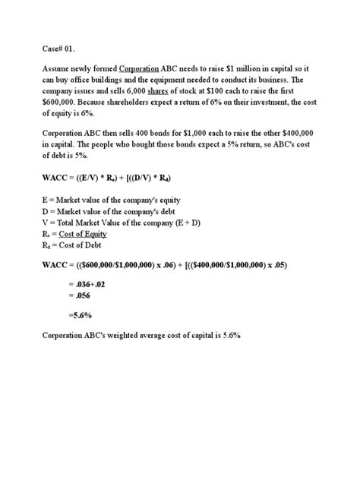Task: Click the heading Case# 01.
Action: (62, 46)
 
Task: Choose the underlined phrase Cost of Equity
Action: (87, 233)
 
